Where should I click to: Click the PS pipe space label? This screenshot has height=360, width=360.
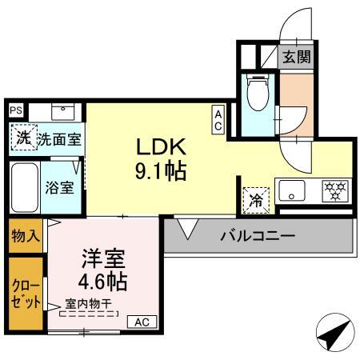click(16, 110)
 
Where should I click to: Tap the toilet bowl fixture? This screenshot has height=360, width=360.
click(258, 92)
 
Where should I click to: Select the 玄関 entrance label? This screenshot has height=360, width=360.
click(297, 57)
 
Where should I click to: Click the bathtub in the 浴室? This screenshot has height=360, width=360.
click(25, 188)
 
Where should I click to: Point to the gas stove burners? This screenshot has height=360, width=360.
click(335, 191)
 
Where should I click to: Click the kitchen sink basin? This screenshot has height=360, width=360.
click(292, 190)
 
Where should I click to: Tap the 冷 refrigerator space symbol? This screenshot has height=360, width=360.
click(256, 201)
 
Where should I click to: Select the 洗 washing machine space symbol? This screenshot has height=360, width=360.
click(23, 137)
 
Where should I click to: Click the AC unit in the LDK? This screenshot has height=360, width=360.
click(218, 119)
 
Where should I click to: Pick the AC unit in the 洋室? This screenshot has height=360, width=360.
click(142, 322)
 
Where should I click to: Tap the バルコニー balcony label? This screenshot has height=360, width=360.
click(258, 236)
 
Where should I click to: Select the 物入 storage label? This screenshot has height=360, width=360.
click(26, 236)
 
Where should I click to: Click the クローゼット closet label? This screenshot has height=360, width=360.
click(26, 294)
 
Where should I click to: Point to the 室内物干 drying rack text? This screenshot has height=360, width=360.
click(88, 304)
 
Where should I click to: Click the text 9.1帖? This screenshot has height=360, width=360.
click(161, 171)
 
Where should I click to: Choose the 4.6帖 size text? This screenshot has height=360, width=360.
click(103, 282)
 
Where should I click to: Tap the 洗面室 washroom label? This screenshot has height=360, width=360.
click(59, 139)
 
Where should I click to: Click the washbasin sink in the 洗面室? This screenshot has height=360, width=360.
click(63, 112)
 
